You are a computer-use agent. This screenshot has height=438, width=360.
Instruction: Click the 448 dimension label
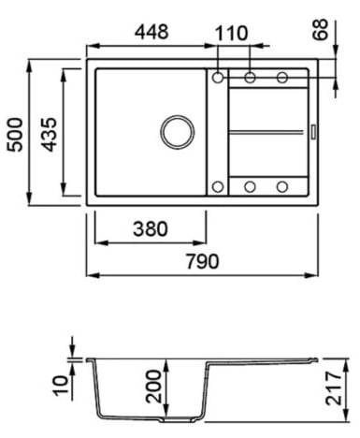pos(151,32)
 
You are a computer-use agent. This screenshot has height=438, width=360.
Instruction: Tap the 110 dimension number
pos(231,34)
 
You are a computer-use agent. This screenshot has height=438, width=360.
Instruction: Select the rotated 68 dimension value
pos(321,29)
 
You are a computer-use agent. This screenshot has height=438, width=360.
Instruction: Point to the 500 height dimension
pos(15,135)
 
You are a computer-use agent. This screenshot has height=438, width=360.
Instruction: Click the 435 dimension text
pos(50,135)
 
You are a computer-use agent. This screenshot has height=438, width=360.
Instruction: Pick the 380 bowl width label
pos(151,228)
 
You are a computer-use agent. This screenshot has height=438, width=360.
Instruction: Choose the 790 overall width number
pos(203,261)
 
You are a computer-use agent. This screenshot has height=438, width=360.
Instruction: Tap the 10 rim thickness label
pos(61,386)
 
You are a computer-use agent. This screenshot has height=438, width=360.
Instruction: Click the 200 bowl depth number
pos(153,386)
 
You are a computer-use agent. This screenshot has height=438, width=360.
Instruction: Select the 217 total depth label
pos(333,388)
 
